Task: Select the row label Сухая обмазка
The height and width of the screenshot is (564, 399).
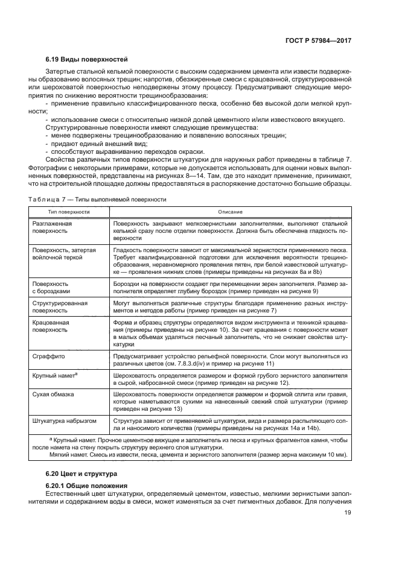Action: [x=54, y=394]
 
